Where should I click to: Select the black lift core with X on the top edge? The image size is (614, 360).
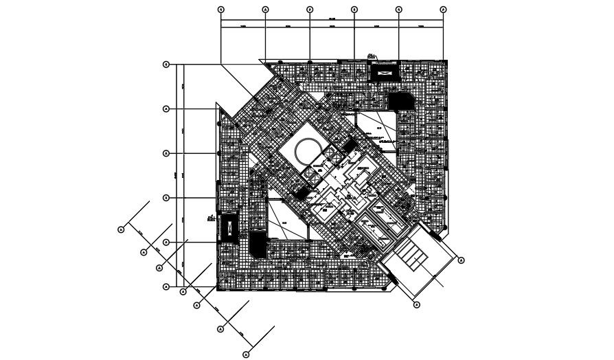pos(383,71)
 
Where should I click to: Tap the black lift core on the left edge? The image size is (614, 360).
pos(227,227)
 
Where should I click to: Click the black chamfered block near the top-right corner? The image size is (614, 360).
pos(396,102)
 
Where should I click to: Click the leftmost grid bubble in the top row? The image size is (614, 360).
pos(220,10)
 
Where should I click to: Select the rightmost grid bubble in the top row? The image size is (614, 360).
pos(443,10)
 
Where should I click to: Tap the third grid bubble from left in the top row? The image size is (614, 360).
pos(310,10)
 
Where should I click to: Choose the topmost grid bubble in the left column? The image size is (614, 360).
pos(166,65)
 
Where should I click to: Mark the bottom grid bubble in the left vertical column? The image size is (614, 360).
pos(166,287)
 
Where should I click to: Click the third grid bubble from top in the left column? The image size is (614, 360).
pos(166,153)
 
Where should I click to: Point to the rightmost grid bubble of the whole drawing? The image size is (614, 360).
pos(461,260)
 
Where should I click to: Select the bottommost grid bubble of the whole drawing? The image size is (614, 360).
pos(247,355)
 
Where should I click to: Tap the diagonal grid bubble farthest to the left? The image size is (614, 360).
pos(121,229)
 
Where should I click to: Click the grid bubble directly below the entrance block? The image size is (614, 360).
pos(416,304)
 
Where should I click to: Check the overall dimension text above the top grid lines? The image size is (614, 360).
pos(332,19)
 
